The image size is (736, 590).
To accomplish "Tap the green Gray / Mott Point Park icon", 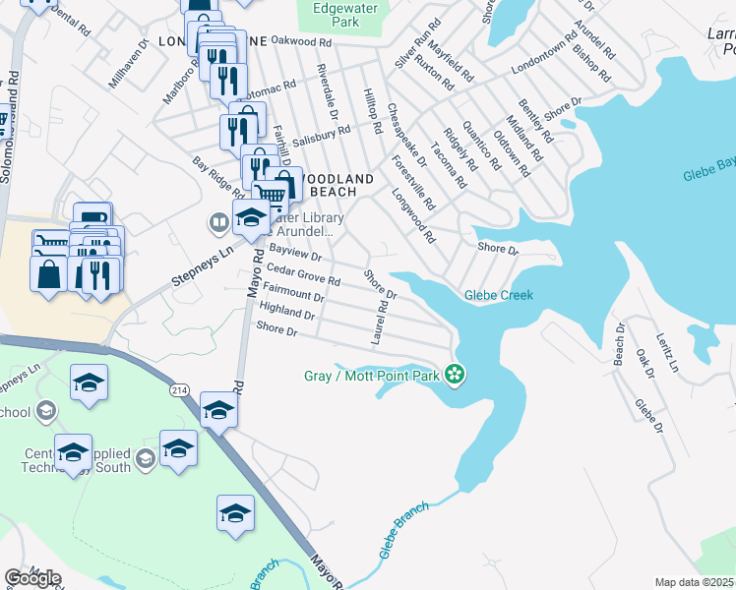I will pyautogui.click(x=454, y=374).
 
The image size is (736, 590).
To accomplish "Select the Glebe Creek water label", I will pyautogui.click(x=499, y=295).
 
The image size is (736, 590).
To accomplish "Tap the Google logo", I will pyautogui.click(x=32, y=578).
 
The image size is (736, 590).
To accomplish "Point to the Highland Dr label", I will pyautogui.click(x=285, y=312).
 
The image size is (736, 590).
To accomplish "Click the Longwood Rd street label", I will pyautogui.click(x=412, y=216).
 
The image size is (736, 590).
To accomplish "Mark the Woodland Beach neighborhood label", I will pyautogui.click(x=336, y=185).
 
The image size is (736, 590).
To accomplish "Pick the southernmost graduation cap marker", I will pyautogui.click(x=235, y=514).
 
